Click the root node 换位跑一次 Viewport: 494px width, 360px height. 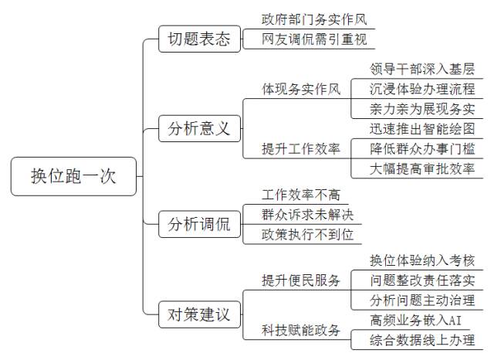pos(73,177)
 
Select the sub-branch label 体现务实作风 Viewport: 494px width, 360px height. pos(301,90)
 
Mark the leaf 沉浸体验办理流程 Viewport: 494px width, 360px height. pos(421,89)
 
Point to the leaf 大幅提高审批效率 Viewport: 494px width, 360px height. pos(421,168)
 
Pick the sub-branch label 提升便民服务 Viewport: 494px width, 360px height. pos(301,280)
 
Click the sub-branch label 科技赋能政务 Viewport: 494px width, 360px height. pos(301,330)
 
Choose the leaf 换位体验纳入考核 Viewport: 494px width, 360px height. pos(421,260)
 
